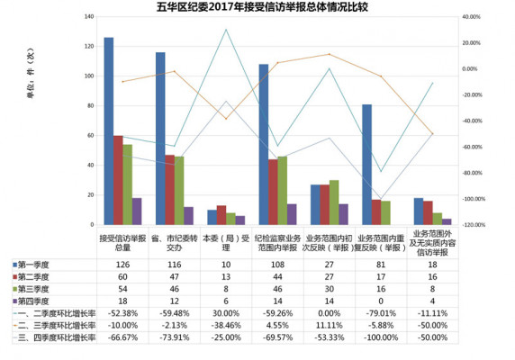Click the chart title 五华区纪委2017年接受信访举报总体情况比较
(x=257, y=7)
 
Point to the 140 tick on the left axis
(x=87, y=17)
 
